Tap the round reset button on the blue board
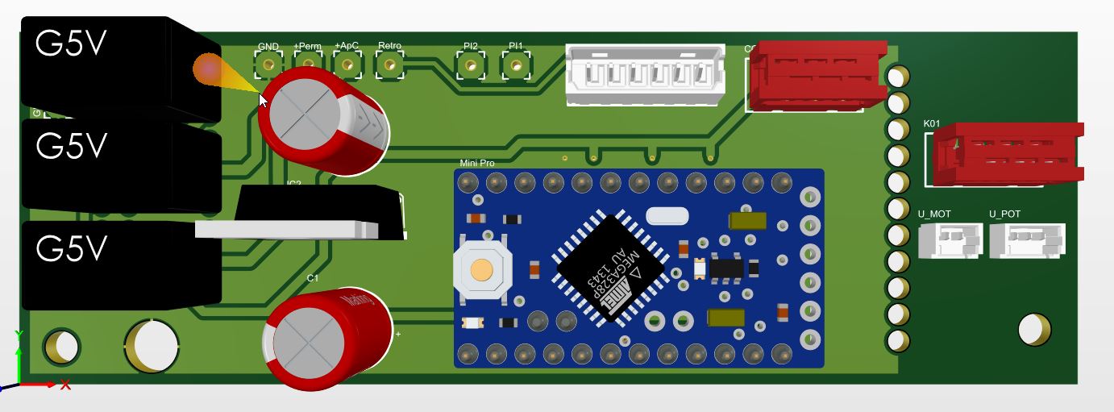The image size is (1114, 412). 482,269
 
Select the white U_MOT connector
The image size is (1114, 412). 950,240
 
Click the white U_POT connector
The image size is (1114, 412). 1026,240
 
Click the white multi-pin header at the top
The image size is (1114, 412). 645,74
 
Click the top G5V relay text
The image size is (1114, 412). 71,45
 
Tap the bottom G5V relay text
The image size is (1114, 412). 71,248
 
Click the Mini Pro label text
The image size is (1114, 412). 477,163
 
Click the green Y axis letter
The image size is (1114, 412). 19,335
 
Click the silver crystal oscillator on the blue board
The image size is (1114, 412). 667,215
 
